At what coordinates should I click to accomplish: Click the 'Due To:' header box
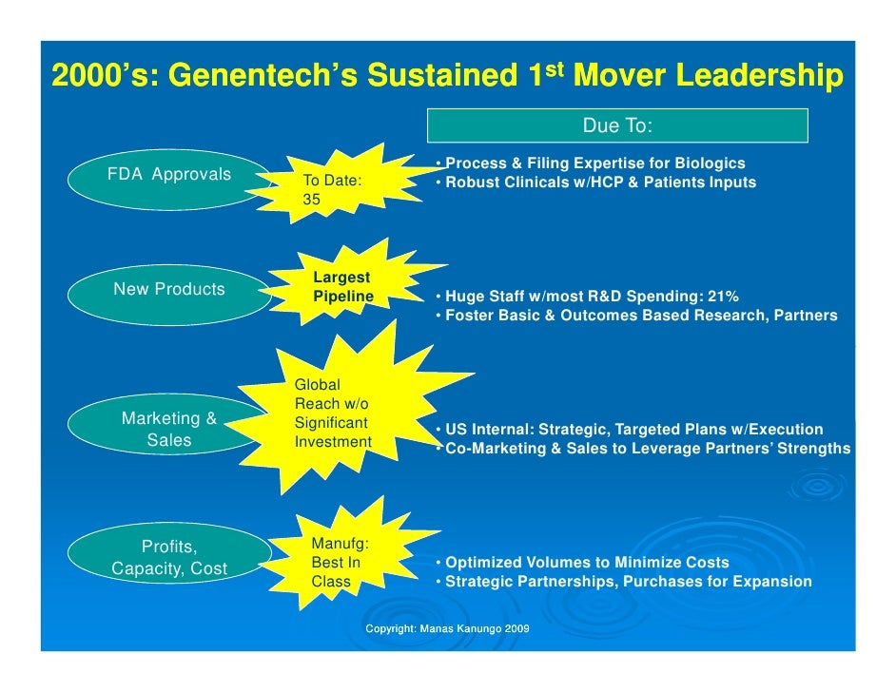pyautogui.click(x=617, y=125)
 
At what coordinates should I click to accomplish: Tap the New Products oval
pyautogui.click(x=168, y=290)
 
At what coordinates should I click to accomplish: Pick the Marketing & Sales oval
pyautogui.click(x=169, y=430)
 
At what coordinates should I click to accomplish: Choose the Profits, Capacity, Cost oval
pyautogui.click(x=169, y=558)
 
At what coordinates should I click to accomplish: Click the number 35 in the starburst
pyautogui.click(x=312, y=201)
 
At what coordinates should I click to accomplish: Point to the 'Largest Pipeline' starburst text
pyautogui.click(x=342, y=287)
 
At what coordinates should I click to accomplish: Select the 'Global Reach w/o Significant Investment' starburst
pyautogui.click(x=332, y=413)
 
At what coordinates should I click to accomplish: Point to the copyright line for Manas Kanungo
pyautogui.click(x=447, y=629)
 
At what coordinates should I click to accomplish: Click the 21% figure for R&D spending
pyautogui.click(x=721, y=296)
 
